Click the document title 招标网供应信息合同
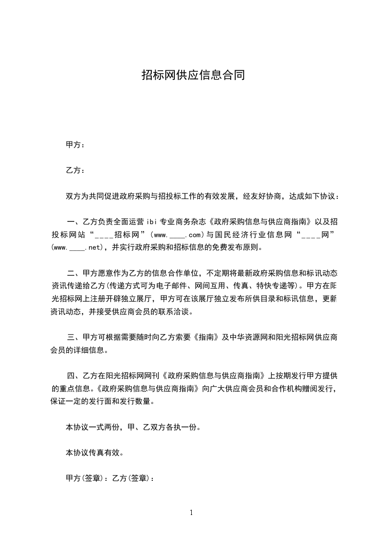tap(193, 75)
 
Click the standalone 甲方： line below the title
tap(75, 145)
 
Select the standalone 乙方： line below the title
tap(75, 170)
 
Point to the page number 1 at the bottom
tap(191, 513)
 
